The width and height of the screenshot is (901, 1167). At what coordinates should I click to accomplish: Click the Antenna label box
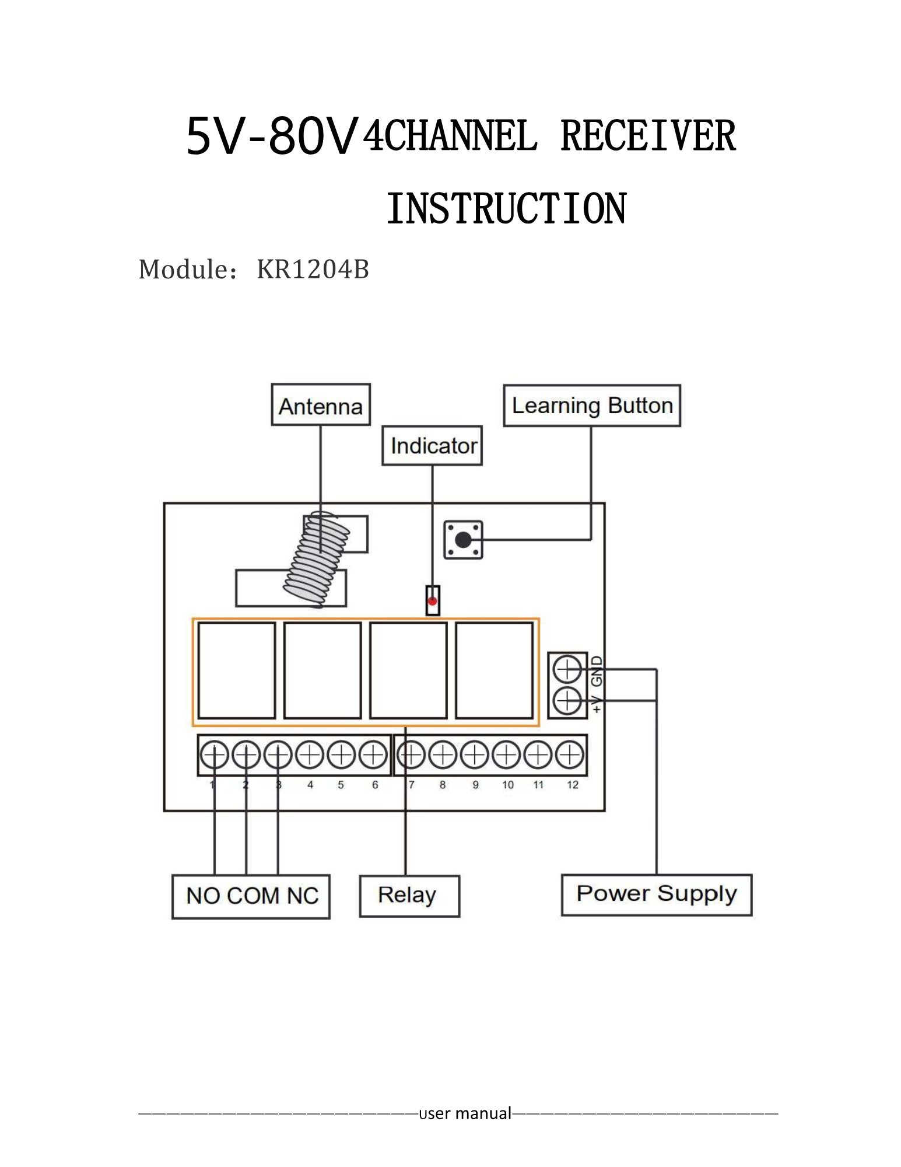coord(321,405)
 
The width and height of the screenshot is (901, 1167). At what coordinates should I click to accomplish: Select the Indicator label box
coord(432,446)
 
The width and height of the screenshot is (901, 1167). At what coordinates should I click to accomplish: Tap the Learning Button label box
coord(592,406)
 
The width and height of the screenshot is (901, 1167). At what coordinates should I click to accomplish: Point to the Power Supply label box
coord(657,895)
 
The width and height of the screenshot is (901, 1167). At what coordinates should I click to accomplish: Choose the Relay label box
coord(409,896)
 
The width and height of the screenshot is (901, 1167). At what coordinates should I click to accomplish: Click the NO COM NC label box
coord(251,896)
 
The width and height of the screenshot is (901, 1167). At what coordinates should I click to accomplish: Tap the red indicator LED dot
coord(432,600)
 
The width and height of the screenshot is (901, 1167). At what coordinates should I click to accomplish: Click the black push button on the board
coord(463,540)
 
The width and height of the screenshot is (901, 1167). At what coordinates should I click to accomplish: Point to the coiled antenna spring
coord(317,559)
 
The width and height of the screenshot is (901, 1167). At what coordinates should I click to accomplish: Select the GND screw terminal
coord(567,669)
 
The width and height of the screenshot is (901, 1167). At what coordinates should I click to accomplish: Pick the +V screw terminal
coord(567,700)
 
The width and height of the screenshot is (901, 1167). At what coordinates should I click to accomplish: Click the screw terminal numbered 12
coord(570,755)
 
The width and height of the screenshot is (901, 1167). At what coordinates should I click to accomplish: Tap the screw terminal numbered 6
coord(373,755)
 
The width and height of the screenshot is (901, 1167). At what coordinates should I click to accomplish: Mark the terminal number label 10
coord(508,785)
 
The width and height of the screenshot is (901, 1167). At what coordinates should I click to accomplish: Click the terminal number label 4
coord(310,785)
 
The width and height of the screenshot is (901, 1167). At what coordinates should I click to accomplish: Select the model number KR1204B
coord(313,270)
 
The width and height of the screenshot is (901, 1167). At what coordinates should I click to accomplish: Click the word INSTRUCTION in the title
coord(506,208)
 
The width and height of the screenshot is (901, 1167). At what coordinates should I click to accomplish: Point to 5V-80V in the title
coord(271,136)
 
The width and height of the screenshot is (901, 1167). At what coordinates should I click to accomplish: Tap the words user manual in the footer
coord(465,1113)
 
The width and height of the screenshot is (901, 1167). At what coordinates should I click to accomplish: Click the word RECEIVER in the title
coord(647,136)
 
